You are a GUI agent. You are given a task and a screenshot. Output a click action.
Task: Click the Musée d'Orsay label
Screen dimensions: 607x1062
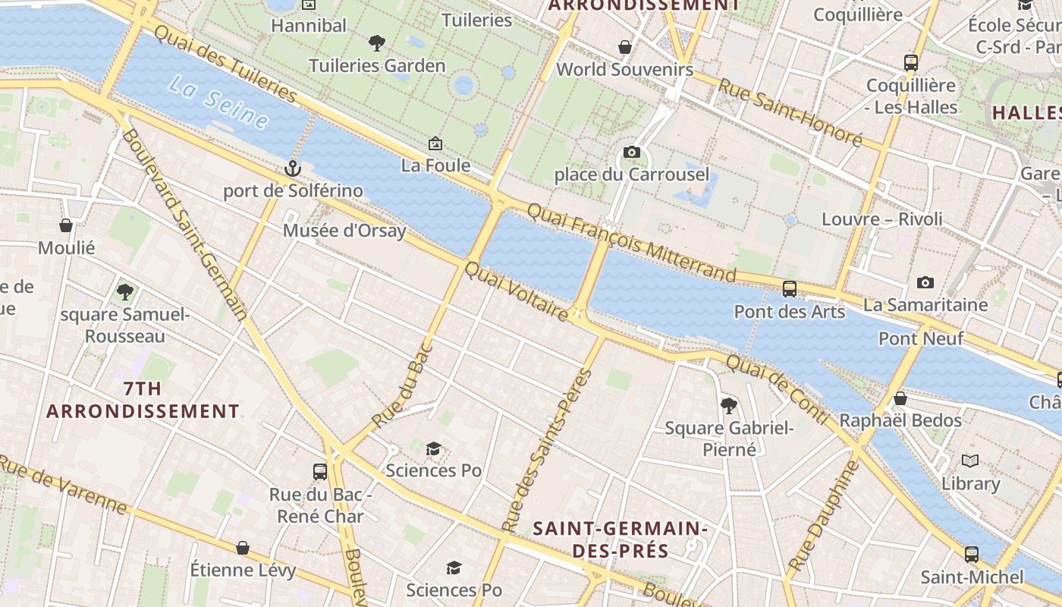pos(344,231)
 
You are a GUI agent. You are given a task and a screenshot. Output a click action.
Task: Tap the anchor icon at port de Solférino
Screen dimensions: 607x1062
pos(293,168)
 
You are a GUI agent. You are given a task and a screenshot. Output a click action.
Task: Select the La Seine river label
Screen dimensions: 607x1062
pos(218,102)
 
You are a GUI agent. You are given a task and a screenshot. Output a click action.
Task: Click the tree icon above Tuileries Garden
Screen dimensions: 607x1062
pos(376,43)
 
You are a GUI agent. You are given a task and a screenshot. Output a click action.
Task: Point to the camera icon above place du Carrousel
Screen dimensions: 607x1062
pos(631,153)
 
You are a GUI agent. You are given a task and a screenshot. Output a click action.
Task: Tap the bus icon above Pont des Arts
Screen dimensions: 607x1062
pos(790,289)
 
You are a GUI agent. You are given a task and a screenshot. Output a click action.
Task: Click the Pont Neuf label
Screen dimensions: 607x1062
pos(921,338)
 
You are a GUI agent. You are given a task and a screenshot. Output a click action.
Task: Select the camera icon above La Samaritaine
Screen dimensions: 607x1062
pos(925,283)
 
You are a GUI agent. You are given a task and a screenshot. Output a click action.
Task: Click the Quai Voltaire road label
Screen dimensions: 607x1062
pos(517,292)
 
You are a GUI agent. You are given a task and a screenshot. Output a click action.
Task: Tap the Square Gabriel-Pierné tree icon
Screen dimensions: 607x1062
pos(729,406)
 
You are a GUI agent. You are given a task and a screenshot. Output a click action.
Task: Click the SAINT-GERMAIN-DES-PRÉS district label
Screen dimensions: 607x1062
pos(620,539)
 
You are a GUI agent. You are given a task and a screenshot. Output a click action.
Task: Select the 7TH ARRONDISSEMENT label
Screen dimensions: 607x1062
pos(143,400)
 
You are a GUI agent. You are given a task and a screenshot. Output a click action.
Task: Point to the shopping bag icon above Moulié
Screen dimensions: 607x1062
pos(66,225)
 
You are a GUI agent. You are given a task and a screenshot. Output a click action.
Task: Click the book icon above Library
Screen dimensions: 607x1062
pos(970,461)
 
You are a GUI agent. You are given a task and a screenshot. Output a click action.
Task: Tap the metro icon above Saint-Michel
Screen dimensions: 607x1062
pos(972,555)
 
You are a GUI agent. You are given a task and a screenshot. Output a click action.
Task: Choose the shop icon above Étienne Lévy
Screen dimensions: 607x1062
pos(243,548)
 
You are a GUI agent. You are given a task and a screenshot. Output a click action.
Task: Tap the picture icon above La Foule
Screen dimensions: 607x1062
pos(435,143)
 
